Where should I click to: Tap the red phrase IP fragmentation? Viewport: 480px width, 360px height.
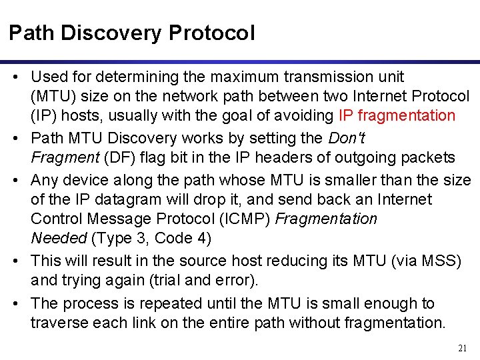pos(397,115)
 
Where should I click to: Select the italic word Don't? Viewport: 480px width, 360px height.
pos(346,138)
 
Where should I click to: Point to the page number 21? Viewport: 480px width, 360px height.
pos(463,348)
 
